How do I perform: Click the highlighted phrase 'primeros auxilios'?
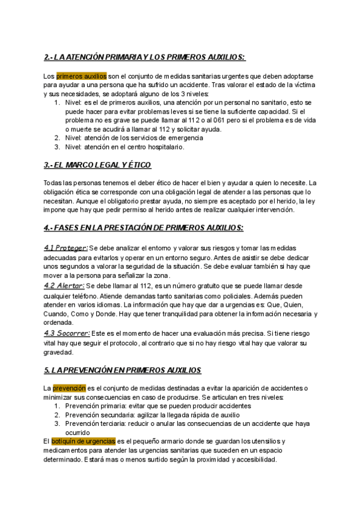[82, 76]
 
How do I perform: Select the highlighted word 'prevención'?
[70, 388]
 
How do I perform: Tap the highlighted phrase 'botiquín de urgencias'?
[83, 442]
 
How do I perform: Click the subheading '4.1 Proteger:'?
[66, 247]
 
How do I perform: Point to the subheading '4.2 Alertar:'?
[64, 285]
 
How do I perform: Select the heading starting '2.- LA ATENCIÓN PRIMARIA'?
[145, 57]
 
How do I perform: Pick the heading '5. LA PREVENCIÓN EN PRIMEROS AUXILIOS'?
[122, 370]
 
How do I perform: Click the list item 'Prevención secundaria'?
[94, 415]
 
